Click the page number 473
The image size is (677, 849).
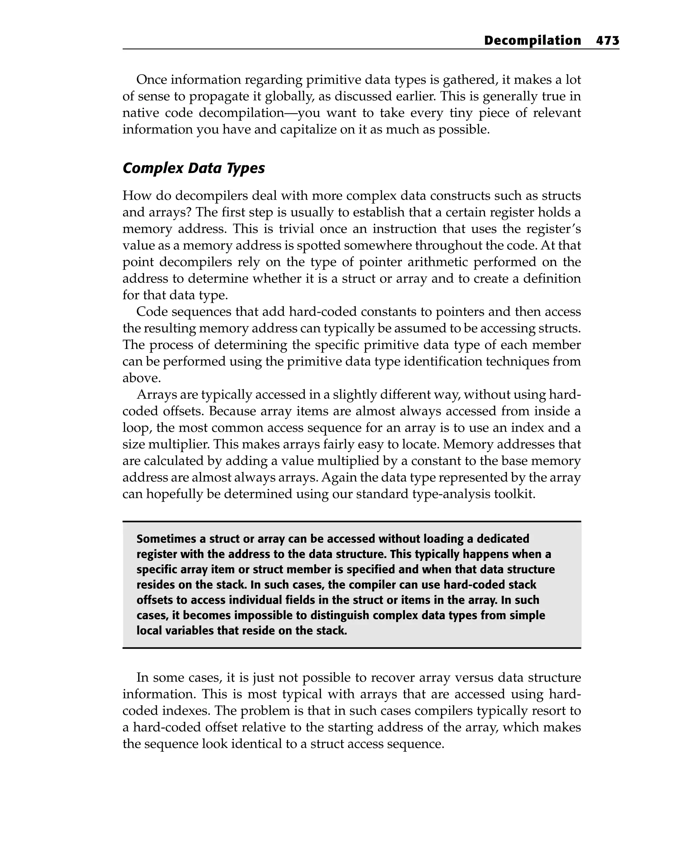607,41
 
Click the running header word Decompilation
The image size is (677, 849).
532,41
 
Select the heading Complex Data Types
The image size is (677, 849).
194,168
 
